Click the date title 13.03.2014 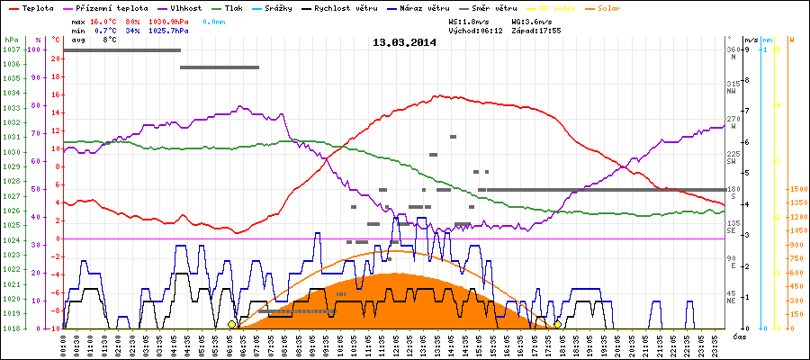click(x=404, y=42)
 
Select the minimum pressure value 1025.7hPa click(x=169, y=30)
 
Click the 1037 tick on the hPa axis click(x=11, y=50)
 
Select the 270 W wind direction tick click(x=733, y=119)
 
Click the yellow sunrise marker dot click(x=232, y=324)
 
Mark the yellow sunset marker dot click(x=557, y=324)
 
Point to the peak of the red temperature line click(x=438, y=95)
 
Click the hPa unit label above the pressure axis click(x=11, y=40)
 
